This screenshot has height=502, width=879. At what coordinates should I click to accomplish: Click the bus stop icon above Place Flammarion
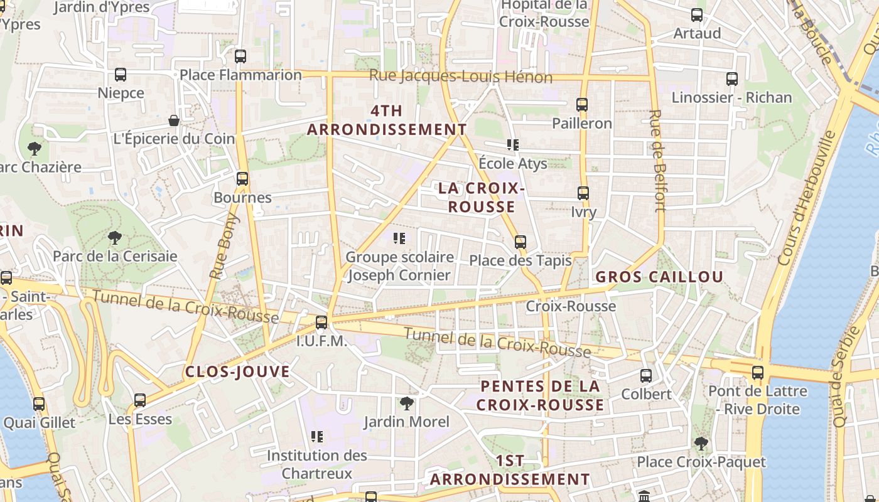click(x=240, y=56)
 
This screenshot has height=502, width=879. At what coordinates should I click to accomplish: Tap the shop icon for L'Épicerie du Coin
click(x=174, y=120)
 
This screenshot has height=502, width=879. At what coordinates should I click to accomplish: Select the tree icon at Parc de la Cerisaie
click(x=114, y=238)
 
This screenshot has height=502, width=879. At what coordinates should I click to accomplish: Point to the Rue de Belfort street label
click(x=657, y=161)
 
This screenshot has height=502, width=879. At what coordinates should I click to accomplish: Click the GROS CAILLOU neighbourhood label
click(x=659, y=277)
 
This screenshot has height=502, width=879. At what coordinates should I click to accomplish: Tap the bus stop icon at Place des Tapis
click(x=520, y=242)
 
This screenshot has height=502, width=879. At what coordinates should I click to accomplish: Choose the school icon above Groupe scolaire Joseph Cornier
click(x=399, y=238)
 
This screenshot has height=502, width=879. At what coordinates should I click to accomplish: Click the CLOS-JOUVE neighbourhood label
click(x=237, y=371)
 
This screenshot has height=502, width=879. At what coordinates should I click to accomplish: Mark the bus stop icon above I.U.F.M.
click(x=321, y=323)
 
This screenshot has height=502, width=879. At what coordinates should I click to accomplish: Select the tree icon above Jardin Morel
click(x=407, y=403)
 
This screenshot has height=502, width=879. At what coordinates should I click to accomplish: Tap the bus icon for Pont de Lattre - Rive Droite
click(x=758, y=373)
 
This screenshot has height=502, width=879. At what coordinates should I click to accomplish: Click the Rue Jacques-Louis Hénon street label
click(x=460, y=77)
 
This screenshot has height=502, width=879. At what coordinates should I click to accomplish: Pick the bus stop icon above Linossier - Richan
click(x=731, y=79)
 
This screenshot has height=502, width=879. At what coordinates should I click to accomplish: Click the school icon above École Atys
click(x=513, y=145)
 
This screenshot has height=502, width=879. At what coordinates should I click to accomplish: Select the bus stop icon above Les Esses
click(x=140, y=400)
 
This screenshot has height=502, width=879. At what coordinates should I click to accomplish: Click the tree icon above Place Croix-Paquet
click(x=701, y=444)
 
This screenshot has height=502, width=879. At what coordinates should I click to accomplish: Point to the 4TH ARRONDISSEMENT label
click(x=387, y=120)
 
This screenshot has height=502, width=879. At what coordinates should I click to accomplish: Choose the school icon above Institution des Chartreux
click(x=317, y=436)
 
